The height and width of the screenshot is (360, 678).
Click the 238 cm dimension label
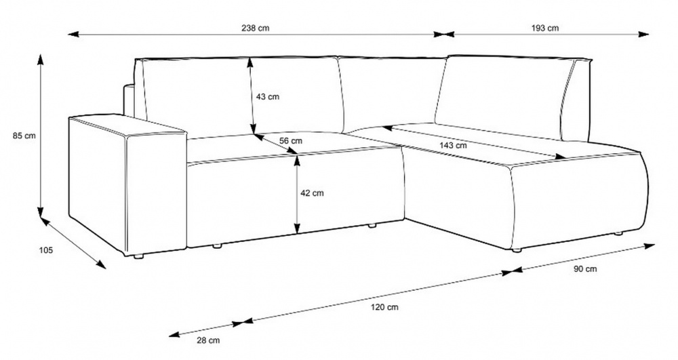pos(255,28)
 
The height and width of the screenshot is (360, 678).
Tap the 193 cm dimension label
pos(545,28)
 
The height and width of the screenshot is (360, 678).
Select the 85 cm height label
pos(24,136)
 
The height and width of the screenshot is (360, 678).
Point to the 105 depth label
pos(46,249)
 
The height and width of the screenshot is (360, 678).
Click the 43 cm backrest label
pos(268,97)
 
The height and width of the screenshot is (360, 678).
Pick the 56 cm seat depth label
pos(291,141)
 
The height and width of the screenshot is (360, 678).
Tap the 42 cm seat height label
pos(312,193)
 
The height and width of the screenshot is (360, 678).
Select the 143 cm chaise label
pos(453,146)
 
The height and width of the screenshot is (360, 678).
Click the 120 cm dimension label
pos(384,308)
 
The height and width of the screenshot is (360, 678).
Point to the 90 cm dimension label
pos(585,268)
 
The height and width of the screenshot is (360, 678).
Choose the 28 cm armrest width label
pos(208,340)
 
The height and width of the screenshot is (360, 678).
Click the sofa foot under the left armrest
pos(138,257)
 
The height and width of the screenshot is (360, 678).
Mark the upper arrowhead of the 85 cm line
pos(40,59)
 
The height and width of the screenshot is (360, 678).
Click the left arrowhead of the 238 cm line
pos(73,34)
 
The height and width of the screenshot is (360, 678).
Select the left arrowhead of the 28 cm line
pos(174,334)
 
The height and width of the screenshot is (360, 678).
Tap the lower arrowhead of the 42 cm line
pos(297,228)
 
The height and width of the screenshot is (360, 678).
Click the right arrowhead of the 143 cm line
pos(561,157)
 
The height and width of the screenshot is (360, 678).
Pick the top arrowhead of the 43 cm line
pos(250,64)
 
